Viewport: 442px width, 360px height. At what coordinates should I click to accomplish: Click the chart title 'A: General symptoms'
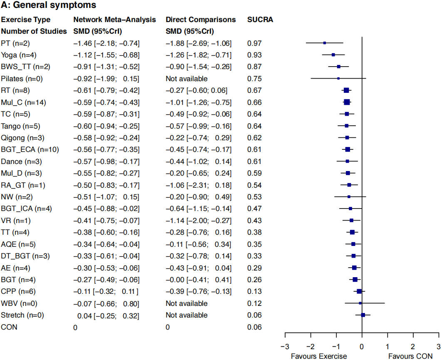point(49,5)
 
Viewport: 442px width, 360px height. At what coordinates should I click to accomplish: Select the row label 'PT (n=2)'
point(15,43)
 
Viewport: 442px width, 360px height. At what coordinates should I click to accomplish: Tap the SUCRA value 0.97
point(254,43)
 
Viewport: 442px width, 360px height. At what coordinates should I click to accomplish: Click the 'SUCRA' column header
point(260,20)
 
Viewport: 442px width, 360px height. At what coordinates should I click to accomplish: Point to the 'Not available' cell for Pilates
point(186,79)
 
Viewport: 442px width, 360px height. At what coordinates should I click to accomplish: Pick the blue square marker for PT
point(325,43)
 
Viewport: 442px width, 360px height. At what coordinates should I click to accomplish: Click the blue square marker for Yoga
point(333,55)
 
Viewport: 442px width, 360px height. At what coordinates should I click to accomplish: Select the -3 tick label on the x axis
point(284,346)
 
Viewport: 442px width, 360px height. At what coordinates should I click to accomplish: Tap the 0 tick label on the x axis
point(362,346)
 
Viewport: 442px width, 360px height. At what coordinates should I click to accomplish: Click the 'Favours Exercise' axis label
point(319,356)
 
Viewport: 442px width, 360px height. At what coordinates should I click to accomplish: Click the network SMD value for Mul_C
point(106,102)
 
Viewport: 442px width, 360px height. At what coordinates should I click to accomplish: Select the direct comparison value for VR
point(199,220)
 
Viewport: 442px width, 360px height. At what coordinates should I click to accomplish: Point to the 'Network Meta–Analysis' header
point(114,20)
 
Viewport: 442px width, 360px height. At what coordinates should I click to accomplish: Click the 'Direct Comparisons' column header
point(201,20)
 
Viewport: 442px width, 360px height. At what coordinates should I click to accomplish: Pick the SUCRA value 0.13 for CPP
point(254,291)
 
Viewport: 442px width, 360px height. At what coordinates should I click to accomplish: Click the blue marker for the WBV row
point(360,303)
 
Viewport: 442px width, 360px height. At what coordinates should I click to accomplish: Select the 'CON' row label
point(9,327)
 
